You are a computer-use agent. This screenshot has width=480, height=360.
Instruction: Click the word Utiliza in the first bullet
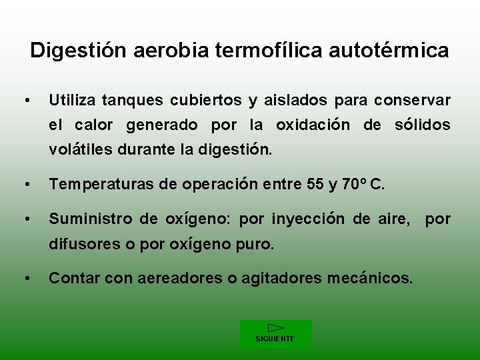[x=72, y=101]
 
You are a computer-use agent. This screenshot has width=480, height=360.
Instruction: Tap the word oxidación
[x=313, y=125]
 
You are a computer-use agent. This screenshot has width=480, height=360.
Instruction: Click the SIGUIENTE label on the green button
[x=275, y=339]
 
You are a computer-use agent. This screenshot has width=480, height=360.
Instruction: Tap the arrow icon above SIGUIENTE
[x=275, y=328]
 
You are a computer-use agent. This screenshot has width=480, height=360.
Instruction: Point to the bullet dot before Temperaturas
[x=25, y=185]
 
